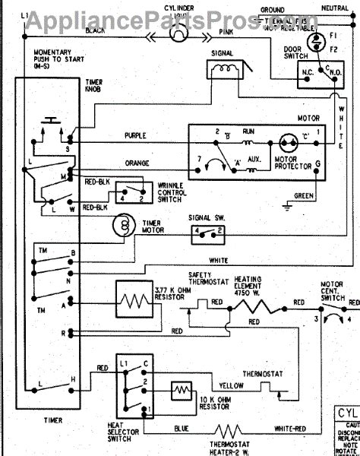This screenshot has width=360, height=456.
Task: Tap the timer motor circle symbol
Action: (122, 226)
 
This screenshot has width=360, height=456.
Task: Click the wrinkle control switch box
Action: (135, 192)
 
